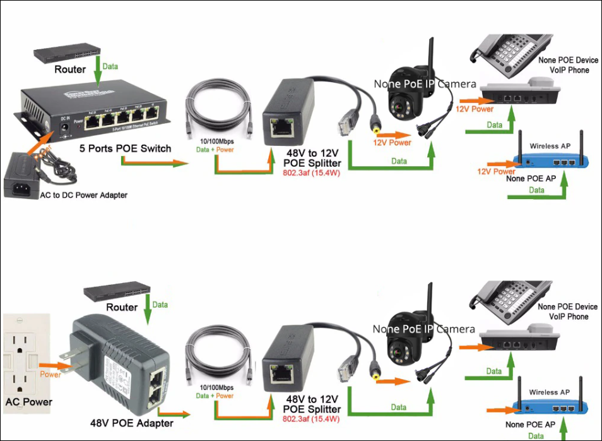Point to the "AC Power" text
point(28,402)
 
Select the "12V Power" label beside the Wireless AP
point(496,171)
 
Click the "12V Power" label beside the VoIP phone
point(474,109)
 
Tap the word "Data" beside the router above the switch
point(110,66)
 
